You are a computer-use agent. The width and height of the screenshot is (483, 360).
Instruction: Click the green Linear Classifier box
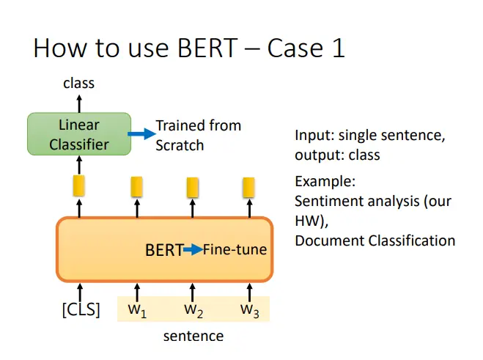coord(79,134)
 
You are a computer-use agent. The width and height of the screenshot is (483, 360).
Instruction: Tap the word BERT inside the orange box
coord(164,250)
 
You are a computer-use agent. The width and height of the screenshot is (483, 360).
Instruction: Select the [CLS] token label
coord(81,309)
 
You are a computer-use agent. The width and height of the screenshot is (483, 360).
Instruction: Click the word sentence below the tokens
coord(193,336)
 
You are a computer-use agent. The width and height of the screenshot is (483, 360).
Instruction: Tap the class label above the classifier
coord(79,84)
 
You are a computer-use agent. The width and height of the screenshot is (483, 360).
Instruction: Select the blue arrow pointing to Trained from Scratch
coord(142,133)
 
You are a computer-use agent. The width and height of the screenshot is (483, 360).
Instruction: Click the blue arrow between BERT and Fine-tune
coord(193,249)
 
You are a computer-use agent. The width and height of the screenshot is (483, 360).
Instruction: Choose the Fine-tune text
coord(235,249)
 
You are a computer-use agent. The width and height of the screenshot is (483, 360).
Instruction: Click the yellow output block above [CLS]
coord(79,185)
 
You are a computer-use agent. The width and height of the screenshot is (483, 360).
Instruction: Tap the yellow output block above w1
coord(136,186)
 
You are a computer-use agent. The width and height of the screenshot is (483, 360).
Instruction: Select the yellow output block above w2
coord(193,188)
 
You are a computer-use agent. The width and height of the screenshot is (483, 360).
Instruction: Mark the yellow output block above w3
coord(248,188)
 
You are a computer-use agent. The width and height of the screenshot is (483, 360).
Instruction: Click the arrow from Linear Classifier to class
coord(79,104)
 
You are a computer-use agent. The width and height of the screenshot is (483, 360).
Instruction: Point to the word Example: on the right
coord(325,182)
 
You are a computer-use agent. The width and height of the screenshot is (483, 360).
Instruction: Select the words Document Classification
coord(375,240)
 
